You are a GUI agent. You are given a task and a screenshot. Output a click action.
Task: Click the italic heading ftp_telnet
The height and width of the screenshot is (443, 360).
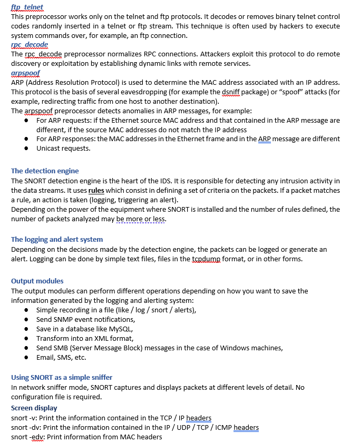pos(27,7)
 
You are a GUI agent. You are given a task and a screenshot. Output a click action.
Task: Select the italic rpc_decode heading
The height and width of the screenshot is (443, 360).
pos(30,45)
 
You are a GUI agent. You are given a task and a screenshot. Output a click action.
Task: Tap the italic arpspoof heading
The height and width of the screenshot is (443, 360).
pos(25,73)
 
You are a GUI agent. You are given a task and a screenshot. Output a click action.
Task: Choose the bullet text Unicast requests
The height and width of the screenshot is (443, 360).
pos(63,149)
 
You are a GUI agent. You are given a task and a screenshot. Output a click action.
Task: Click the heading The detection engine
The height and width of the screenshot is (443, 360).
pos(45,171)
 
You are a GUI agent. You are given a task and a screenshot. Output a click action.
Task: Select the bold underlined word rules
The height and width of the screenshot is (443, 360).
pos(96,190)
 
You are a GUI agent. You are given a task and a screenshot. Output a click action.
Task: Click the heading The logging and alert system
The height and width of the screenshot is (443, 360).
pos(57,240)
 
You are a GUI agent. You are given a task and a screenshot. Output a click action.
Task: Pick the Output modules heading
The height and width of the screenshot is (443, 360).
pos(37,281)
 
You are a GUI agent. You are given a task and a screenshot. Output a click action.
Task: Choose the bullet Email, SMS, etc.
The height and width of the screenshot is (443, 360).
pos(61,358)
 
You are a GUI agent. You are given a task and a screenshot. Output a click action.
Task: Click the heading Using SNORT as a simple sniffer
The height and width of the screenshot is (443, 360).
pos(62,378)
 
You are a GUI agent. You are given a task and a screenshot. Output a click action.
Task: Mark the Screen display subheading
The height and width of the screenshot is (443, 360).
pos(34,408)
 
